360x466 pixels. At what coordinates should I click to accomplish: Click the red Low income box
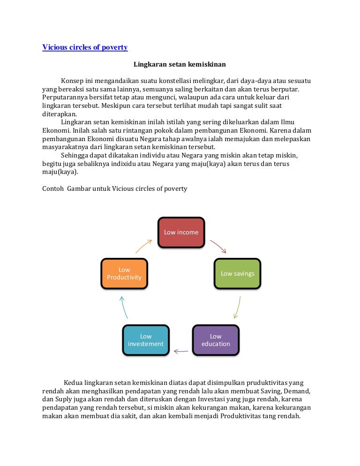[181, 233]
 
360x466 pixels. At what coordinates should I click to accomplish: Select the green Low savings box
[237, 273]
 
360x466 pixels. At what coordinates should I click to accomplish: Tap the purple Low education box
[216, 340]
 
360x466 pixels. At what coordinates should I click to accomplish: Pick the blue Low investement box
[146, 340]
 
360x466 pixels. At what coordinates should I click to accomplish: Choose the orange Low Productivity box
[124, 273]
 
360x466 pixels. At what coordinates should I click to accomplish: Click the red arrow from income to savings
[218, 246]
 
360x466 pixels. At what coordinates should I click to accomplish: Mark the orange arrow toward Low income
[144, 246]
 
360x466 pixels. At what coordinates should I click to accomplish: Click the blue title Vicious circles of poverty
[85, 47]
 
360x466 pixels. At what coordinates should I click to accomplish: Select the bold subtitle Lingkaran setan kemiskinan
[180, 64]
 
